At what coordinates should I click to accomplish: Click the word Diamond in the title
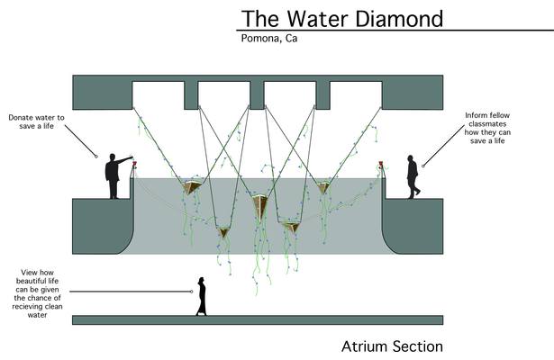399,19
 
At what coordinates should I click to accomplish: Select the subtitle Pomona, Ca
269,38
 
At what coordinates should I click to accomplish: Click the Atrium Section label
392,346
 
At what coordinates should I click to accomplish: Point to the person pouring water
114,176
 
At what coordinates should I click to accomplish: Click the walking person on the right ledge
413,176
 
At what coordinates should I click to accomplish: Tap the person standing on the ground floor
202,296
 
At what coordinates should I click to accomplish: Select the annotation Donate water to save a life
36,121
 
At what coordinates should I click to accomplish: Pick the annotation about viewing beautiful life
38,293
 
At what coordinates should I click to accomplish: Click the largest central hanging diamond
260,206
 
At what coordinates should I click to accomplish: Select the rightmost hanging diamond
322,188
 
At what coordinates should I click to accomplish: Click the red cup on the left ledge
134,164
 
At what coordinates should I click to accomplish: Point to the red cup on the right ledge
381,164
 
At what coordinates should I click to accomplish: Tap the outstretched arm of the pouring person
124,160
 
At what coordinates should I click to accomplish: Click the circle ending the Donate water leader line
96,157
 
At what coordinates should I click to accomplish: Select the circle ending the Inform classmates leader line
422,166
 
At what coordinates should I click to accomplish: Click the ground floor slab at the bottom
258,320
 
